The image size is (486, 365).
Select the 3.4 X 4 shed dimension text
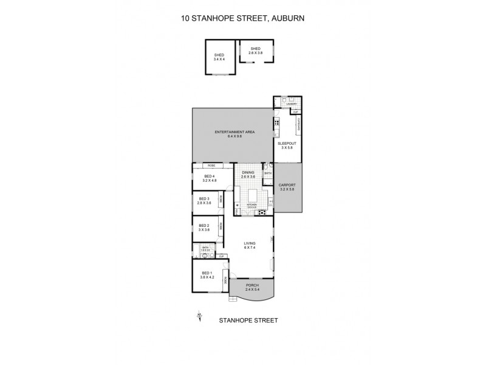pos(219,60)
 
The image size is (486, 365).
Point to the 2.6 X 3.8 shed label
pos(255,53)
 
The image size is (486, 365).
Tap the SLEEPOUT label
pos(287,143)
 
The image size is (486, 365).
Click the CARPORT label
pos(287,185)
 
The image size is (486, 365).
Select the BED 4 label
pos(210,176)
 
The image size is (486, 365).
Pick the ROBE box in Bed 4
pos(211,165)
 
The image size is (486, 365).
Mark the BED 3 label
pos(205,198)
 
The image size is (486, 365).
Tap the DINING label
pos(248,173)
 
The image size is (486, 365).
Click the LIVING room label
pos(248,244)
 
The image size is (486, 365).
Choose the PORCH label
pos(253,285)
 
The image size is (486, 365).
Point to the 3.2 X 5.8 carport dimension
pos(287,189)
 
